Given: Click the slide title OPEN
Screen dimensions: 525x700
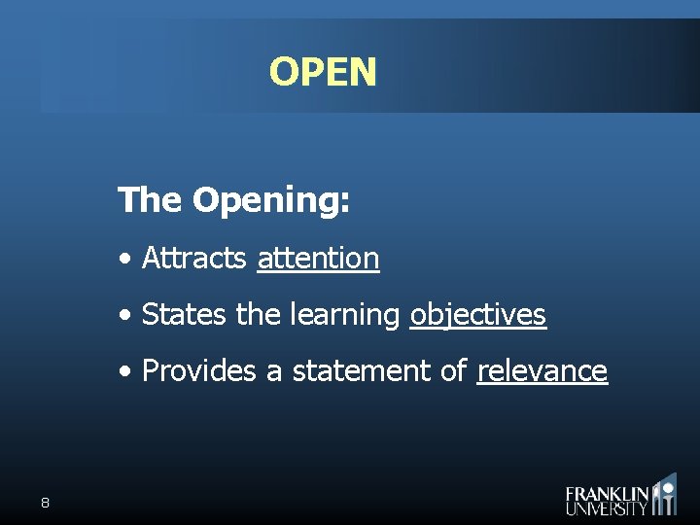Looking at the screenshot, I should click(x=323, y=72).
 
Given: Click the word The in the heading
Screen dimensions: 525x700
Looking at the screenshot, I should click(x=150, y=200).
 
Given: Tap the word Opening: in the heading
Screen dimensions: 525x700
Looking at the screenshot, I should click(x=271, y=202).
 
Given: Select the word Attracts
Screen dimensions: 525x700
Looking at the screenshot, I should click(x=194, y=259).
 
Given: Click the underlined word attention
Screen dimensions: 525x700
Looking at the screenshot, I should click(x=318, y=259).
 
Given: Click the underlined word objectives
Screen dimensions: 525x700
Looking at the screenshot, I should click(x=477, y=316).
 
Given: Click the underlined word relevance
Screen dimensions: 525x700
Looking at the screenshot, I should click(x=542, y=371).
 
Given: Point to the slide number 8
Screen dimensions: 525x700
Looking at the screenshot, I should click(x=45, y=503).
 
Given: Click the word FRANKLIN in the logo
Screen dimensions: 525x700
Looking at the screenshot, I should click(x=607, y=493).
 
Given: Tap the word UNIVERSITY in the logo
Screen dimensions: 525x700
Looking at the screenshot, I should click(x=607, y=507).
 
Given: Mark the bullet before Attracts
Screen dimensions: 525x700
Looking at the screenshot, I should click(x=125, y=260).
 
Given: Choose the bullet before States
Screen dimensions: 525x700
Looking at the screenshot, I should click(x=125, y=316).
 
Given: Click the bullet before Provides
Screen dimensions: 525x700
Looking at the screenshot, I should click(x=125, y=372).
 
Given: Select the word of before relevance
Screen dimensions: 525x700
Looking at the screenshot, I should click(x=454, y=371).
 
